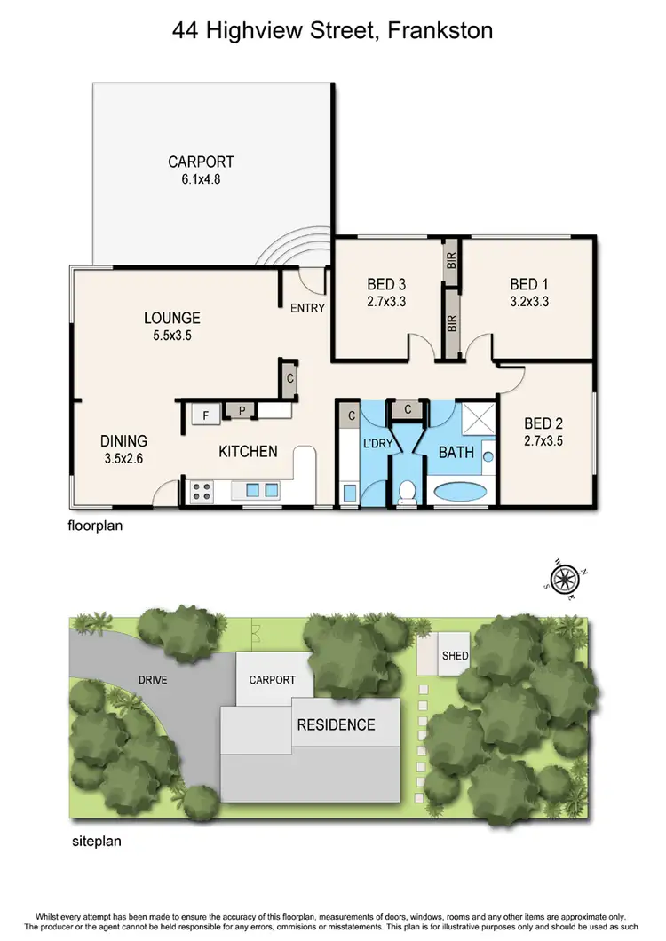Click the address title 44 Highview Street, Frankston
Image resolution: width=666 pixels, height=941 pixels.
(333, 32)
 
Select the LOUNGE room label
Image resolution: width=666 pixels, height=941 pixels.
(172, 318)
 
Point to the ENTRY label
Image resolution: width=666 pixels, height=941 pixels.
(307, 308)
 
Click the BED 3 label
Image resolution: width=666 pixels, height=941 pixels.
(386, 285)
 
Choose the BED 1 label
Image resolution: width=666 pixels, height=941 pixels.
(528, 285)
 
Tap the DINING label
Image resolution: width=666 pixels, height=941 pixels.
(123, 441)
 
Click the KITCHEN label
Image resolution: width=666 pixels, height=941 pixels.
(248, 451)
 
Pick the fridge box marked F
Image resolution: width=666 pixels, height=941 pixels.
(205, 413)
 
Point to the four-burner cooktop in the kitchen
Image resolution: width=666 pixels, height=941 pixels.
(201, 489)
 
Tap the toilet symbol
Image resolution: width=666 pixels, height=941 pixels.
(408, 491)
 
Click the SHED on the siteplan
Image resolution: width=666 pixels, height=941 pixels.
(456, 657)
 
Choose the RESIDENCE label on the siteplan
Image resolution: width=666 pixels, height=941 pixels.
(336, 724)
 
